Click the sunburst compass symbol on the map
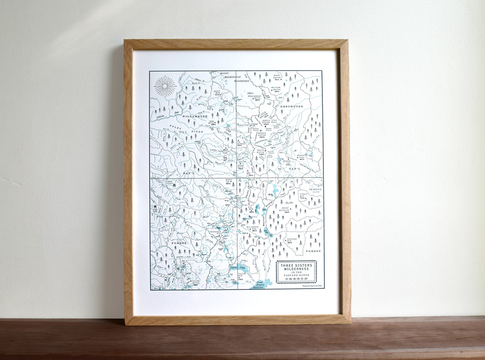[x=165, y=86]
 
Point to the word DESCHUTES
[x=291, y=107]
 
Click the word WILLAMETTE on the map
[x=194, y=116]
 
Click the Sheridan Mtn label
[x=293, y=240]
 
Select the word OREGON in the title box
[x=296, y=278]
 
